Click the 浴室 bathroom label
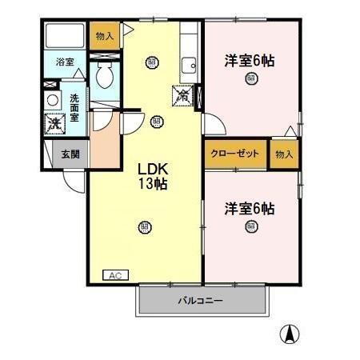pos(64,61)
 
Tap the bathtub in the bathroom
pos(65,35)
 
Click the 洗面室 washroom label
pos(74,107)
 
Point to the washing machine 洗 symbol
pos(54,125)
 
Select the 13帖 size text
pos(152,185)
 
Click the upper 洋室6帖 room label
pos(250,59)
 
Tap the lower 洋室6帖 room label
pos(250,208)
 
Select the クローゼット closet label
pos(234,154)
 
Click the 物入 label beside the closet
pos(284,154)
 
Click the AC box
pos(114,274)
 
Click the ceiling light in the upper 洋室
pos(251,78)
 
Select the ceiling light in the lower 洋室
pos(250,226)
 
